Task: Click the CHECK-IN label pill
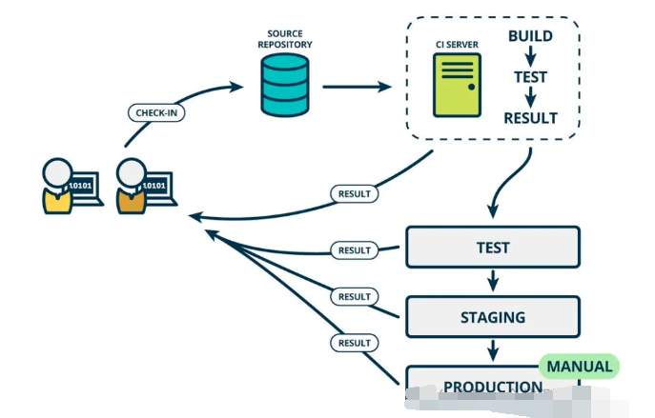(x=156, y=112)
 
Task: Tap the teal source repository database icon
(x=285, y=86)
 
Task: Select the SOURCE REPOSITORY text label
(x=285, y=39)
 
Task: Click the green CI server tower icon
(x=457, y=85)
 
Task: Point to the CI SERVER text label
(x=457, y=45)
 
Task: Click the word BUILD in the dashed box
(x=530, y=36)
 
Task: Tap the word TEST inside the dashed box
(x=530, y=77)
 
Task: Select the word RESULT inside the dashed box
(x=530, y=118)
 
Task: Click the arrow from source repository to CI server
(x=358, y=87)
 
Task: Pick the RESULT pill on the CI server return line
(x=355, y=194)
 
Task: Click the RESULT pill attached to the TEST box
(x=355, y=250)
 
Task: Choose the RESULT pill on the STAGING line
(x=355, y=297)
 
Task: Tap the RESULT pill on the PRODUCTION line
(x=355, y=343)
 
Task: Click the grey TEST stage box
(x=493, y=247)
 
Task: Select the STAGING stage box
(x=493, y=317)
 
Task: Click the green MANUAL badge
(x=579, y=367)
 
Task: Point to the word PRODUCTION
(x=493, y=387)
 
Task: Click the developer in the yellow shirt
(x=57, y=187)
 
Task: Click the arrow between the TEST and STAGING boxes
(x=493, y=281)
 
